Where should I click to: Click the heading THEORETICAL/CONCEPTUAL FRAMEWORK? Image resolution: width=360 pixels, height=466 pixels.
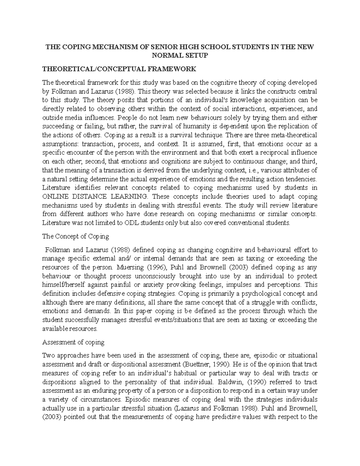(x=119, y=69)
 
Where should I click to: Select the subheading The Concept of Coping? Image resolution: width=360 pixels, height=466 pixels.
(x=76, y=236)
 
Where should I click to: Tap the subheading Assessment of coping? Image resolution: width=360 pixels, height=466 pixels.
(x=73, y=342)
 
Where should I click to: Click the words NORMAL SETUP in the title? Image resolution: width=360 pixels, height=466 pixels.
(x=180, y=56)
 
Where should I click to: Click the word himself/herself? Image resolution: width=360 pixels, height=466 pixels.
(x=63, y=285)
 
